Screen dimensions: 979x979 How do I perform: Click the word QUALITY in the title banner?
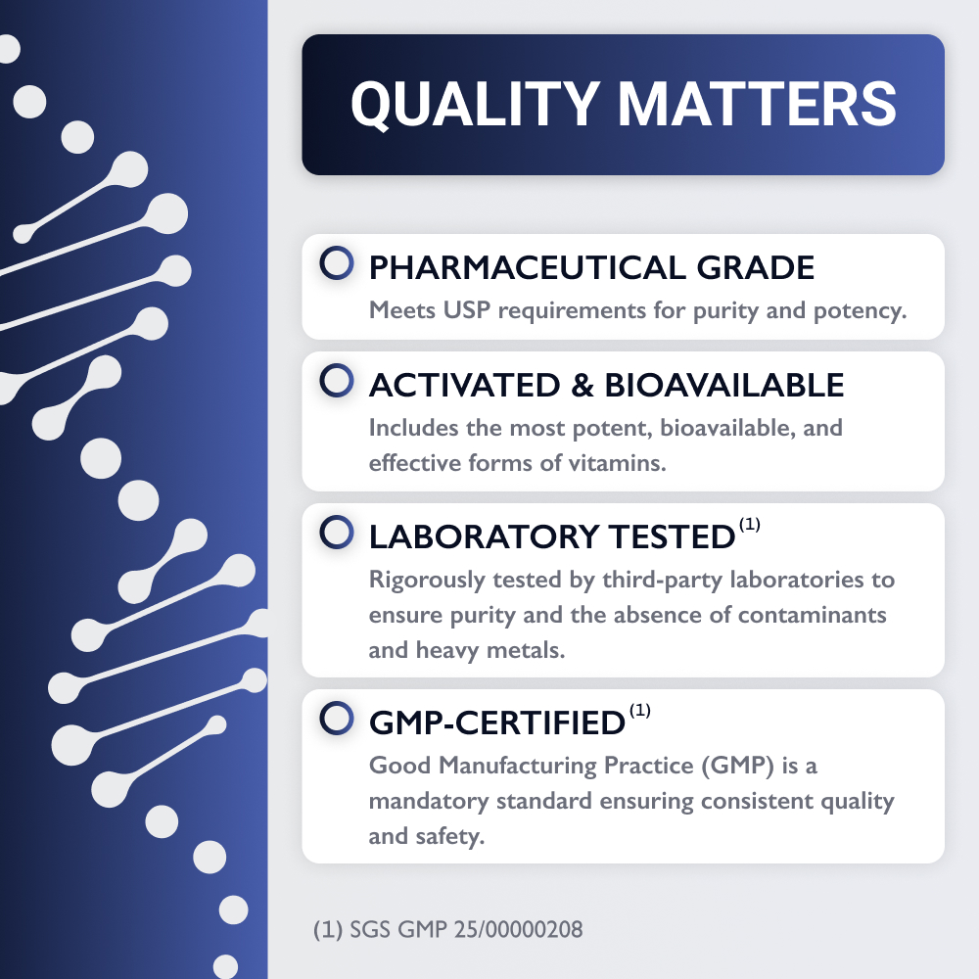[475, 105]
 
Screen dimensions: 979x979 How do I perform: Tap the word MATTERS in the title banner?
[757, 104]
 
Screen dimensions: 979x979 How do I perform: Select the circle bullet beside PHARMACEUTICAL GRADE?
[337, 262]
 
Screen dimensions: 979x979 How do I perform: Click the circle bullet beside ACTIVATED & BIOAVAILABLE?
[337, 380]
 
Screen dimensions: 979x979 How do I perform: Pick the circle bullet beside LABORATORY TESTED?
[337, 532]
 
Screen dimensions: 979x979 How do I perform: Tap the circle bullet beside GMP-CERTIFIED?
[337, 718]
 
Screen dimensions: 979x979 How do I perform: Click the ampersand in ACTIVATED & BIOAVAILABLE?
[582, 385]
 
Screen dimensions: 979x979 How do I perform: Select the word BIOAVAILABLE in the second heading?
[724, 385]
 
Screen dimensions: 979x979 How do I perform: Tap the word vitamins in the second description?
[617, 463]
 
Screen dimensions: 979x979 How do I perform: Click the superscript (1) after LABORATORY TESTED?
[749, 524]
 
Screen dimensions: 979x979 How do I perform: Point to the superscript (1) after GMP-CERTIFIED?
[639, 711]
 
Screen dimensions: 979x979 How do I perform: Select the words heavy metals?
[490, 650]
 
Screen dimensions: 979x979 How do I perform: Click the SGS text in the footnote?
[370, 929]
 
